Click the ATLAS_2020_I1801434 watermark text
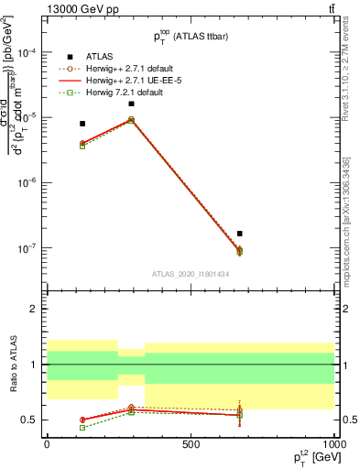[x=189, y=273]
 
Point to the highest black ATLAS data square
[x=132, y=104]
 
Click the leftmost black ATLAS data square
[x=82, y=124]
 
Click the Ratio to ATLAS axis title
[x=13, y=365]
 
